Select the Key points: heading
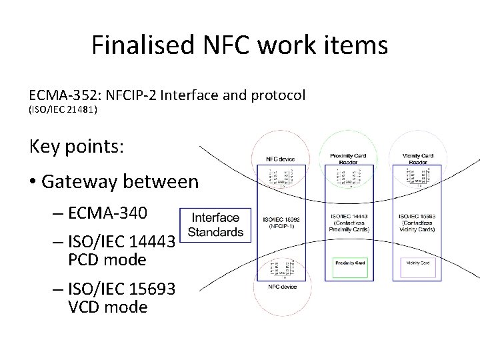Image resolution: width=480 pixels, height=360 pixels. [x=77, y=147]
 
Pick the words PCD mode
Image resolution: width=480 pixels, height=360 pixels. [x=107, y=259]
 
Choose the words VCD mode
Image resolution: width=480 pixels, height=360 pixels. [x=107, y=307]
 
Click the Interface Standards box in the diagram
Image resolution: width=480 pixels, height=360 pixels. [x=215, y=225]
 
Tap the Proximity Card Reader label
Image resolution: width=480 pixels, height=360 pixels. [x=348, y=159]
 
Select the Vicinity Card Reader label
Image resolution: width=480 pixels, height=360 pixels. [x=418, y=159]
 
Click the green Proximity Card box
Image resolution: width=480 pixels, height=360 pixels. [x=350, y=263]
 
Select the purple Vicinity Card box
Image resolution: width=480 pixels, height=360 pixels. [x=418, y=263]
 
